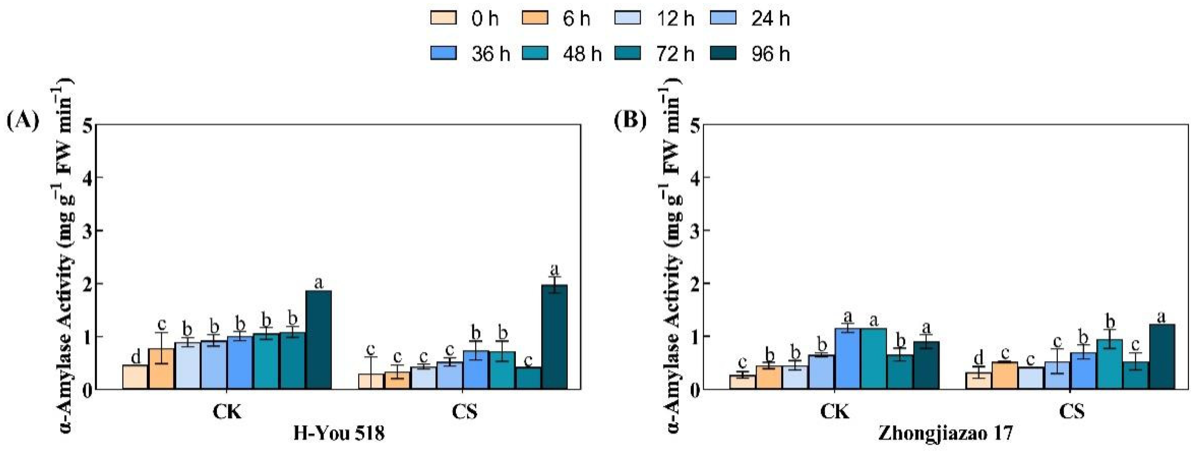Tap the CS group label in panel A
465,412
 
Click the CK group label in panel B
835,412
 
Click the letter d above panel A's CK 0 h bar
135,357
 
